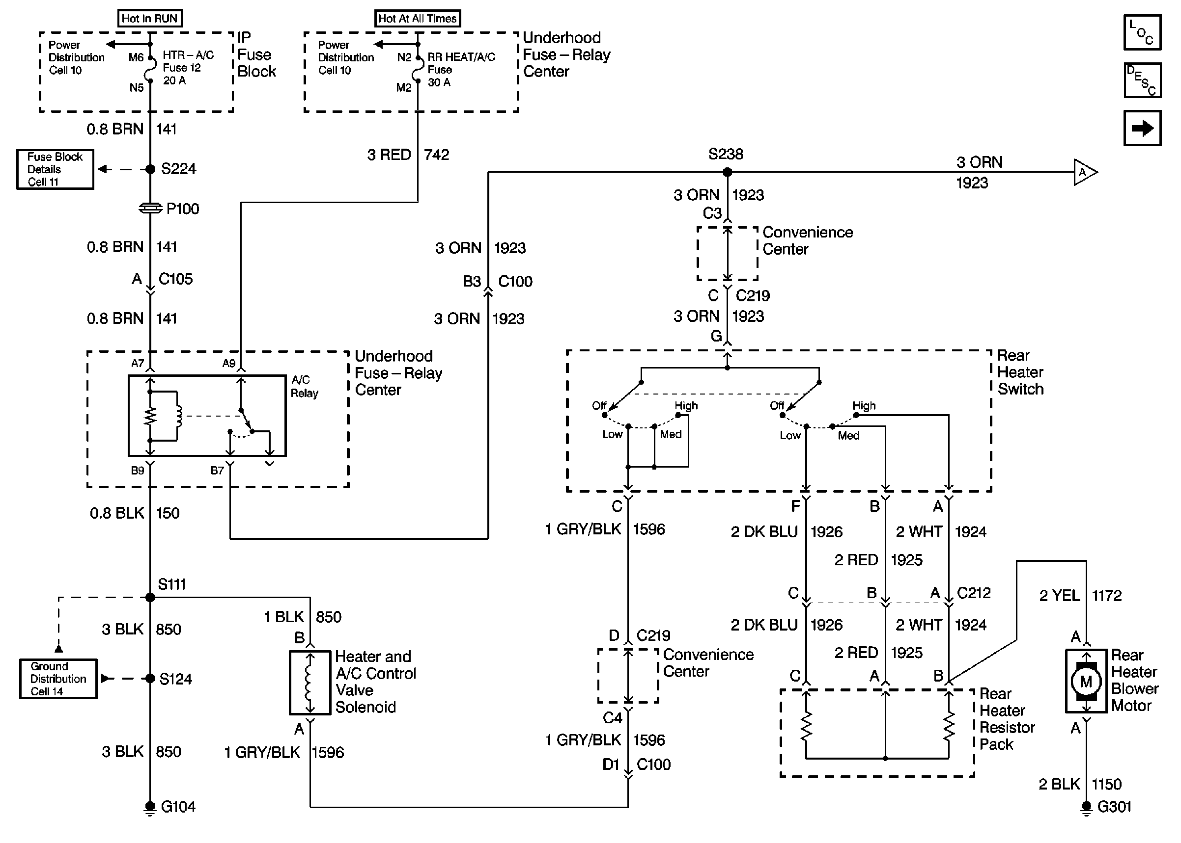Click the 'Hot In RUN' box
[x=150, y=19]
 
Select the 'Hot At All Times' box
[x=417, y=19]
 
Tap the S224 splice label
[x=178, y=169]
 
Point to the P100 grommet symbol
[x=150, y=208]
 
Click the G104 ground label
[x=178, y=807]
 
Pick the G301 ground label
[x=1114, y=807]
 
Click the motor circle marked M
[x=1086, y=682]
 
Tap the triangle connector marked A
[x=1084, y=172]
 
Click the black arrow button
[x=1142, y=128]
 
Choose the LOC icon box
[x=1142, y=33]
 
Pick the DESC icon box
[x=1142, y=80]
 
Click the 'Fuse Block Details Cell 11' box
[x=55, y=169]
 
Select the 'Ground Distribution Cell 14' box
[x=58, y=679]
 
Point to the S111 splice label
[x=171, y=584]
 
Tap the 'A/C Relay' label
[x=304, y=387]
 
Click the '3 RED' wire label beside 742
[x=389, y=155]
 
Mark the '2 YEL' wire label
[x=1059, y=595]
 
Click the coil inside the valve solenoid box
[x=309, y=683]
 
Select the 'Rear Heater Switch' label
[x=1020, y=372]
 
